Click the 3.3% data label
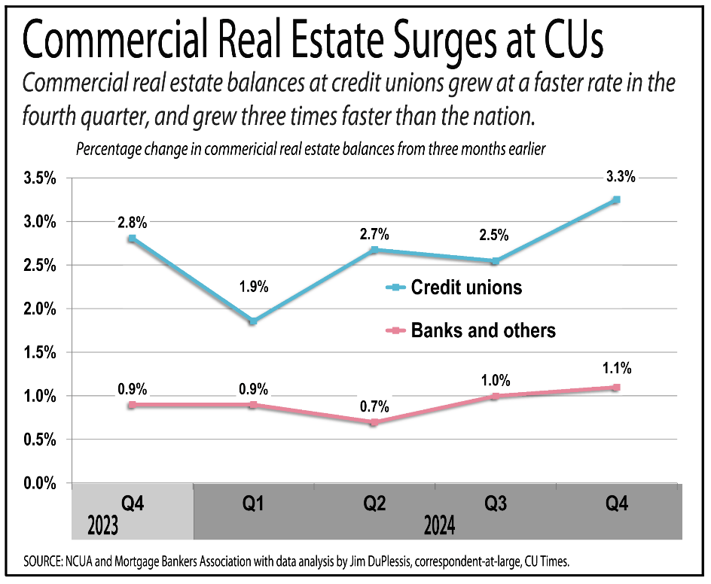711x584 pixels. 621,178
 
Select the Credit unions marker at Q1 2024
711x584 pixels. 253,321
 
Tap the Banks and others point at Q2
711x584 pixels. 374,422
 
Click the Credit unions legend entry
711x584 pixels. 465,287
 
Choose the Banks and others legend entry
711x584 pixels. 482,330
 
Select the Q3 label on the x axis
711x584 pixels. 496,502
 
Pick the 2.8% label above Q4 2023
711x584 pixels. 132,222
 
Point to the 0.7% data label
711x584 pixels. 374,406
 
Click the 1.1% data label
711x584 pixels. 616,369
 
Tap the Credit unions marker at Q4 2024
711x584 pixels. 616,199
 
